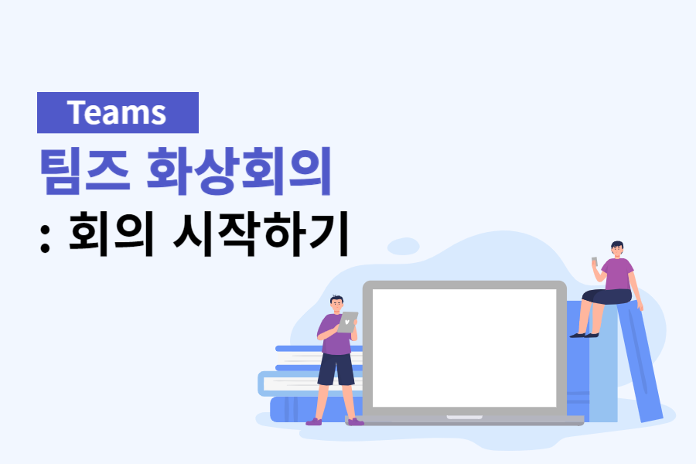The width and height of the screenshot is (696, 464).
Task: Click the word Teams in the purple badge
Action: [x=117, y=113]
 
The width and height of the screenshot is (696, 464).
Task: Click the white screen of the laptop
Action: [x=464, y=347]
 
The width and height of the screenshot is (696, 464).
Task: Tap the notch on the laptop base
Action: [x=464, y=418]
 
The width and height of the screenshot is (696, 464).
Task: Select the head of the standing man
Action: [x=336, y=303]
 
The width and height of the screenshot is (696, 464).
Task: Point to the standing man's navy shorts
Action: [x=336, y=370]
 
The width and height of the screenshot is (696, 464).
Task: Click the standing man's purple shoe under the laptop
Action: [x=354, y=421]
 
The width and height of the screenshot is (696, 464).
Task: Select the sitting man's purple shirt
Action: [x=619, y=274]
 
